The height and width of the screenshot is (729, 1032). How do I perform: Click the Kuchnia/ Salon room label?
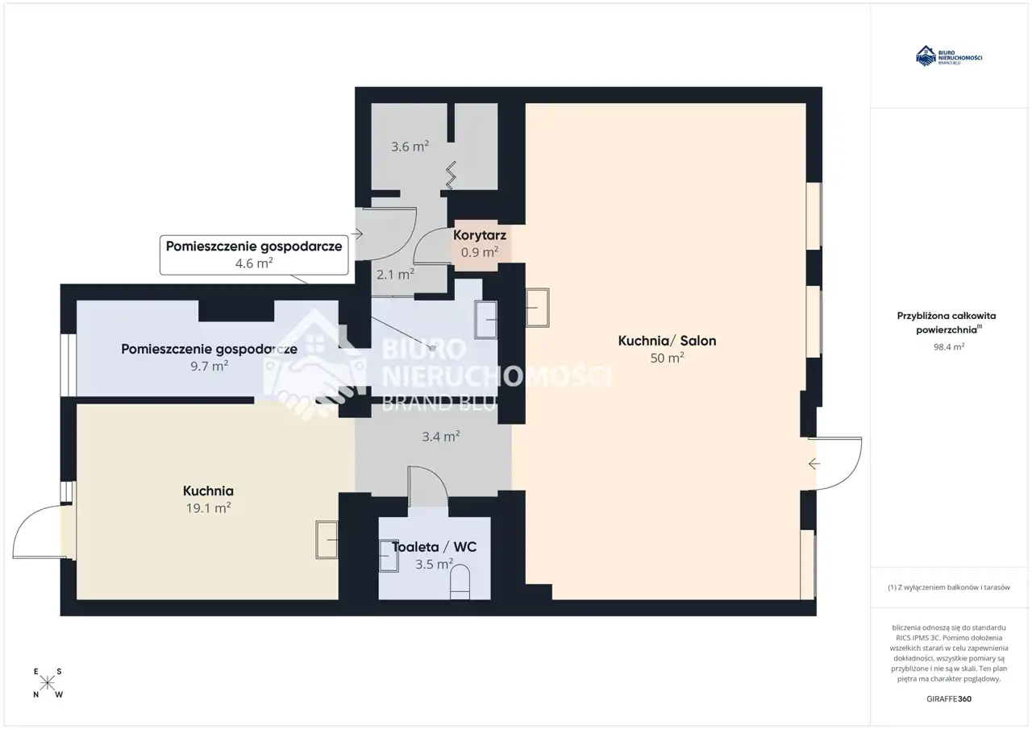click(x=667, y=341)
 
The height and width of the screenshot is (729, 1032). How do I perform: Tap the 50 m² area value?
click(x=667, y=358)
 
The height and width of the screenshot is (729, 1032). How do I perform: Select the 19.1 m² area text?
click(x=208, y=507)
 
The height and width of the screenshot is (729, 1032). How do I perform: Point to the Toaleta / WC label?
click(x=434, y=547)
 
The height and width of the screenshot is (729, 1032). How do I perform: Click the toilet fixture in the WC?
click(x=460, y=582)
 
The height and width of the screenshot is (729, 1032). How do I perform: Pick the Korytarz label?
click(x=480, y=235)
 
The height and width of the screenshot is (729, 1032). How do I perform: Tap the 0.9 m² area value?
click(x=480, y=252)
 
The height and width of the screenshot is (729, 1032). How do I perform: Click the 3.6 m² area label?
click(x=410, y=147)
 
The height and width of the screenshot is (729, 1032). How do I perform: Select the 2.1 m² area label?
click(x=395, y=275)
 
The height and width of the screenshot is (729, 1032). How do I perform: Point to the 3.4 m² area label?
click(x=441, y=437)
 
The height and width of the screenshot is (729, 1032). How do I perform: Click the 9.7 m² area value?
click(x=209, y=366)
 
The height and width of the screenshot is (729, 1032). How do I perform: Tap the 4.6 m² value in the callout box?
click(x=254, y=263)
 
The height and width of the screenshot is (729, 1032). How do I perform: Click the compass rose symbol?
click(x=48, y=683)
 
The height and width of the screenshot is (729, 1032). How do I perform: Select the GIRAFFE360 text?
click(x=949, y=698)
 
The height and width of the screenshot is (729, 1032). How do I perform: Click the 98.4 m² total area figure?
click(x=949, y=347)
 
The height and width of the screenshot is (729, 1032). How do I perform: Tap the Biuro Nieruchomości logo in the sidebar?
click(x=949, y=56)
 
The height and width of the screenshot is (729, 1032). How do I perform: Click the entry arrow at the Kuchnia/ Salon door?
click(x=814, y=464)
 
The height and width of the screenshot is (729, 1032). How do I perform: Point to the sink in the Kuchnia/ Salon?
click(x=537, y=308)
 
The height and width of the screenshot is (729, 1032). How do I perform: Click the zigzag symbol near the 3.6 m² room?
click(x=451, y=176)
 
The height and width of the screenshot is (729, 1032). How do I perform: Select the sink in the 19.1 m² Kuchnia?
click(x=327, y=540)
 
